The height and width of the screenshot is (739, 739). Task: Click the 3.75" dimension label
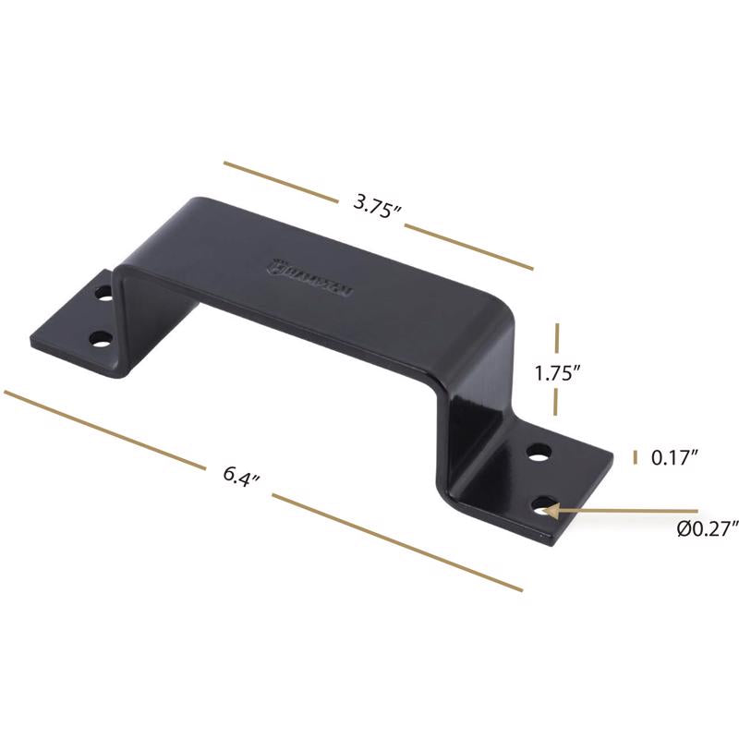click(377, 205)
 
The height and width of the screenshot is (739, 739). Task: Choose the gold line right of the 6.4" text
click(397, 542)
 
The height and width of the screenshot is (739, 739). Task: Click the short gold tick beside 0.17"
click(635, 457)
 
